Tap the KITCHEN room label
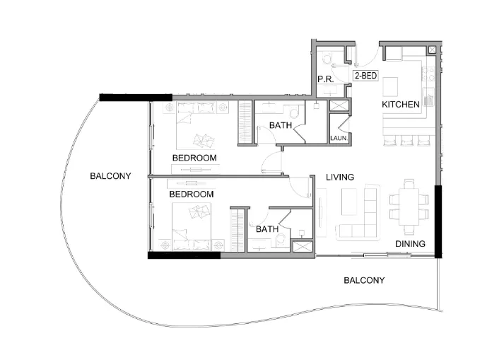(401, 104)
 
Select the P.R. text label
(325, 79)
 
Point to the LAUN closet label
(339, 138)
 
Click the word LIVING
(339, 177)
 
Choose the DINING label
(410, 244)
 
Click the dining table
(409, 206)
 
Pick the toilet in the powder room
(326, 59)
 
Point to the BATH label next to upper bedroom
(281, 126)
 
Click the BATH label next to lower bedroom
(266, 229)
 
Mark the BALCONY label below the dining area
(364, 280)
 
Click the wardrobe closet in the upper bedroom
(245, 124)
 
